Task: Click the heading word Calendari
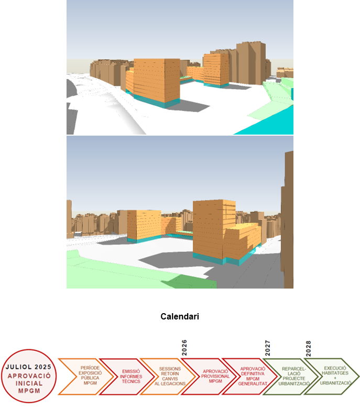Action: click(x=180, y=316)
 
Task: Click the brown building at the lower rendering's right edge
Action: click(x=287, y=220)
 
